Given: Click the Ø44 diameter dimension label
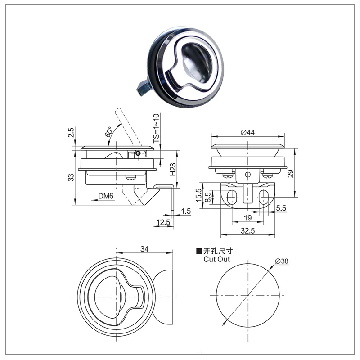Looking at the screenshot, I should (248, 132).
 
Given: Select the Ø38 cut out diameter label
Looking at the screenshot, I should (281, 261).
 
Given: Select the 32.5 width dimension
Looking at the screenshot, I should (247, 231).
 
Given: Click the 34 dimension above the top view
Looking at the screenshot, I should (144, 249).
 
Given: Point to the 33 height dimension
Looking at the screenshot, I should (71, 177).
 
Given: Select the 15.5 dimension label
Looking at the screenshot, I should (198, 195).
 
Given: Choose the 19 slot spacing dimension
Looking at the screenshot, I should (248, 218).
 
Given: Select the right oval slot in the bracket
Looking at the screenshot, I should (264, 195).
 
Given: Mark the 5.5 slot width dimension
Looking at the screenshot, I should (282, 208).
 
